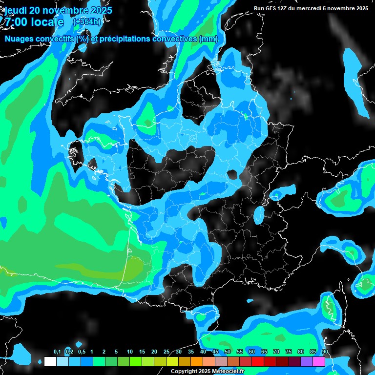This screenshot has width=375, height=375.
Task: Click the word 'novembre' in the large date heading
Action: tap(63, 10)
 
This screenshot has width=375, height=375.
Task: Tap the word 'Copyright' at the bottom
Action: tap(185, 372)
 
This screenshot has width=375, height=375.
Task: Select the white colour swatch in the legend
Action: tap(50, 361)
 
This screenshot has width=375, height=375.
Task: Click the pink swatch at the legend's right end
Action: tap(319, 361)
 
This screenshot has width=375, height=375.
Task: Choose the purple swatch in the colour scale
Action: tap(307, 361)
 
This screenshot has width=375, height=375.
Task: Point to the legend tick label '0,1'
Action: tap(57, 352)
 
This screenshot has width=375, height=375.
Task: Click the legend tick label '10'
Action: tap(130, 352)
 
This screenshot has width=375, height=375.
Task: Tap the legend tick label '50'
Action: tap(228, 352)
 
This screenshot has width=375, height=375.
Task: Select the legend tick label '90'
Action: tap(325, 352)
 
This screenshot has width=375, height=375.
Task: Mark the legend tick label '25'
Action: tap(167, 352)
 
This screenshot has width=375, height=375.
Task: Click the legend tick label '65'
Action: tap(264, 352)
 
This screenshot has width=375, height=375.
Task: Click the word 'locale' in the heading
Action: tap(47, 22)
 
